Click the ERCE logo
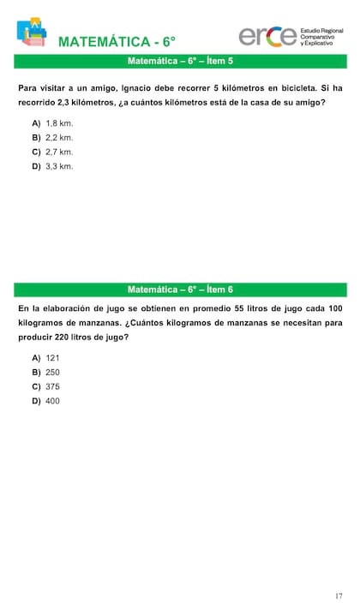pos(267,36)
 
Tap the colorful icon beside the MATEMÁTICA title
pos(32,33)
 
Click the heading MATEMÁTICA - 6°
pos(117,42)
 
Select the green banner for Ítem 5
pos(180,62)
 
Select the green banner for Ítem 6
pos(180,290)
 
